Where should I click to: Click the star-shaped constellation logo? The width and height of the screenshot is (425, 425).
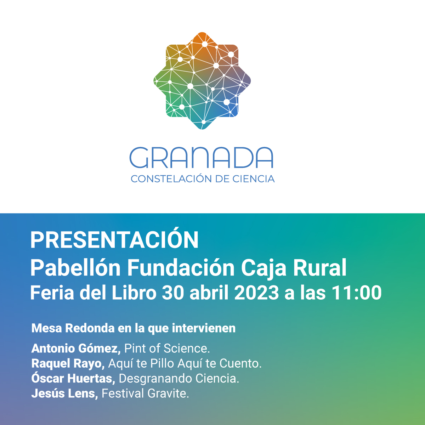pos(202,81)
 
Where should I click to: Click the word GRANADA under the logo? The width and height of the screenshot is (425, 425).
pos(202,158)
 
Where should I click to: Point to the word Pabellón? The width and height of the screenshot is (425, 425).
pos(75,268)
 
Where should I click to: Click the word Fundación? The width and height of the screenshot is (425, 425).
pos(181,268)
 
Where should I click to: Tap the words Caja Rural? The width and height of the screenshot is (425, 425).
pos(294,268)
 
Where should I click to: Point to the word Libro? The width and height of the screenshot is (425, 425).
pos(134,293)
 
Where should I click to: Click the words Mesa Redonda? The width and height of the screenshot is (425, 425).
pos(73,328)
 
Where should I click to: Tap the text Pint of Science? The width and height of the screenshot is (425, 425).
pos(167,348)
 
